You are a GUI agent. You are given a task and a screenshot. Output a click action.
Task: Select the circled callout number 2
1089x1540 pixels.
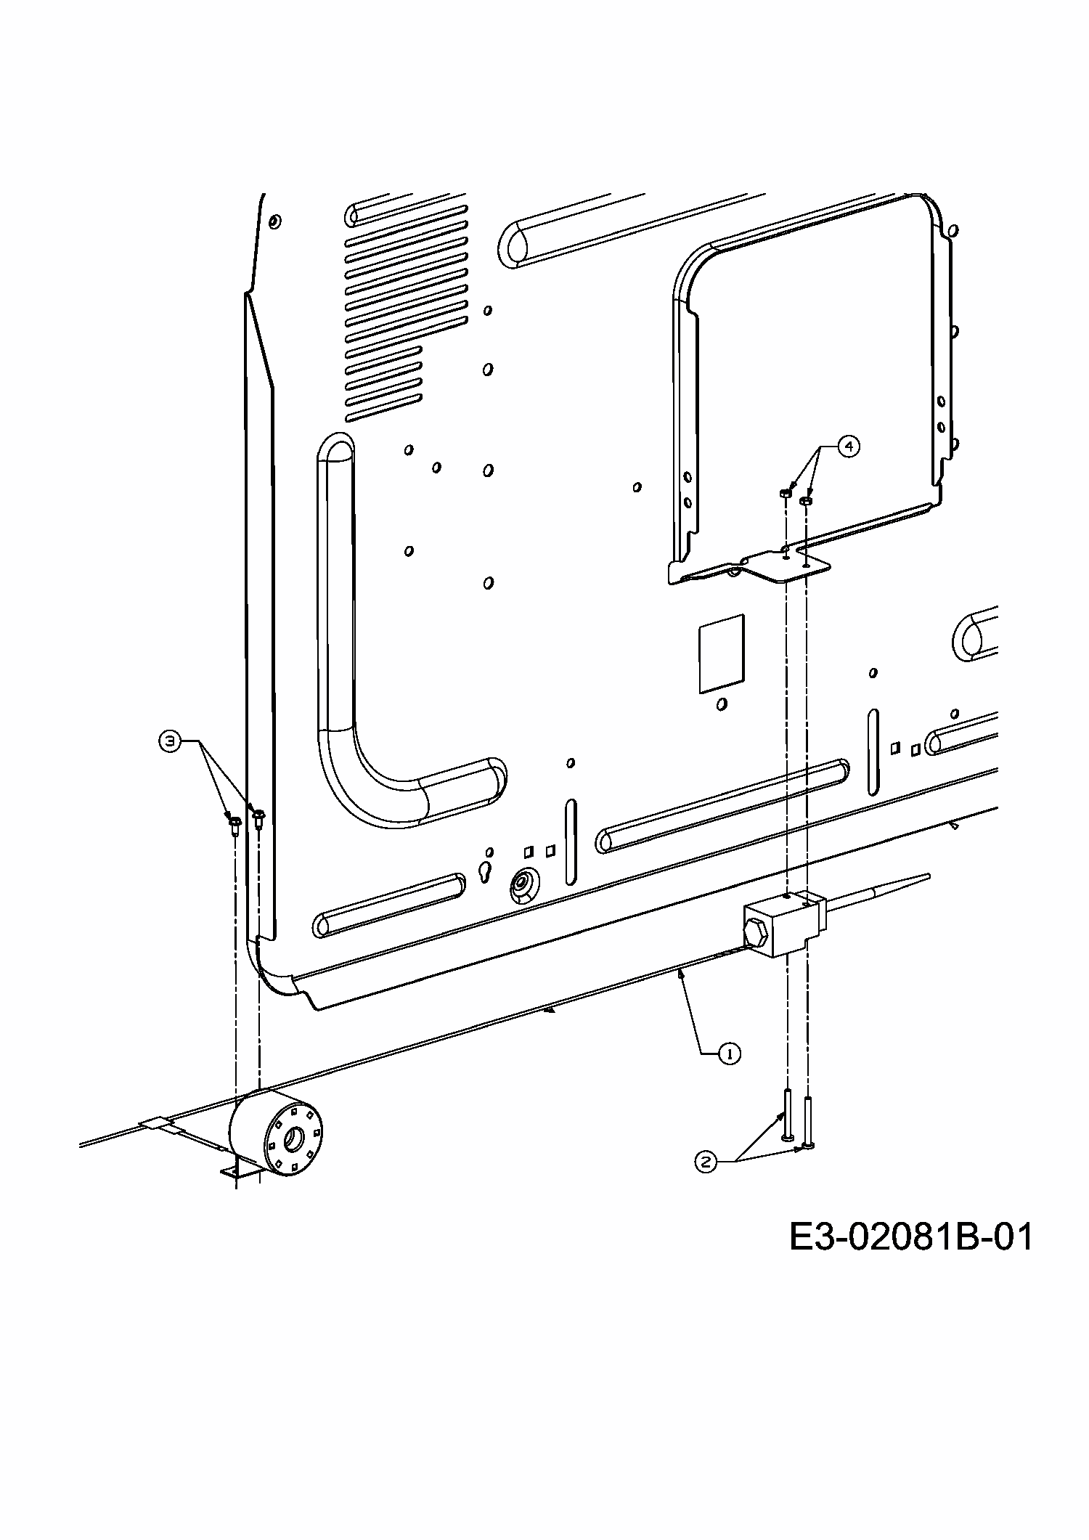(x=704, y=1162)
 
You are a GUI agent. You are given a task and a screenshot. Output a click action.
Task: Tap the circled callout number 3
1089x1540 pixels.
(x=169, y=741)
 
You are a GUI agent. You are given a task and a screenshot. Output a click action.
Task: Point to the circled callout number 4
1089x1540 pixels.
(x=847, y=445)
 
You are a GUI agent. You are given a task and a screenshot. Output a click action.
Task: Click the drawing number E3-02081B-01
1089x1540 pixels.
(x=910, y=1237)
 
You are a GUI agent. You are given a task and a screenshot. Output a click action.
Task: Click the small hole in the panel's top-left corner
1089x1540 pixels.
(x=274, y=221)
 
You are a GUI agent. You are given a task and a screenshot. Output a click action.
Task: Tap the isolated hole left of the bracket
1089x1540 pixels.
(x=637, y=486)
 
